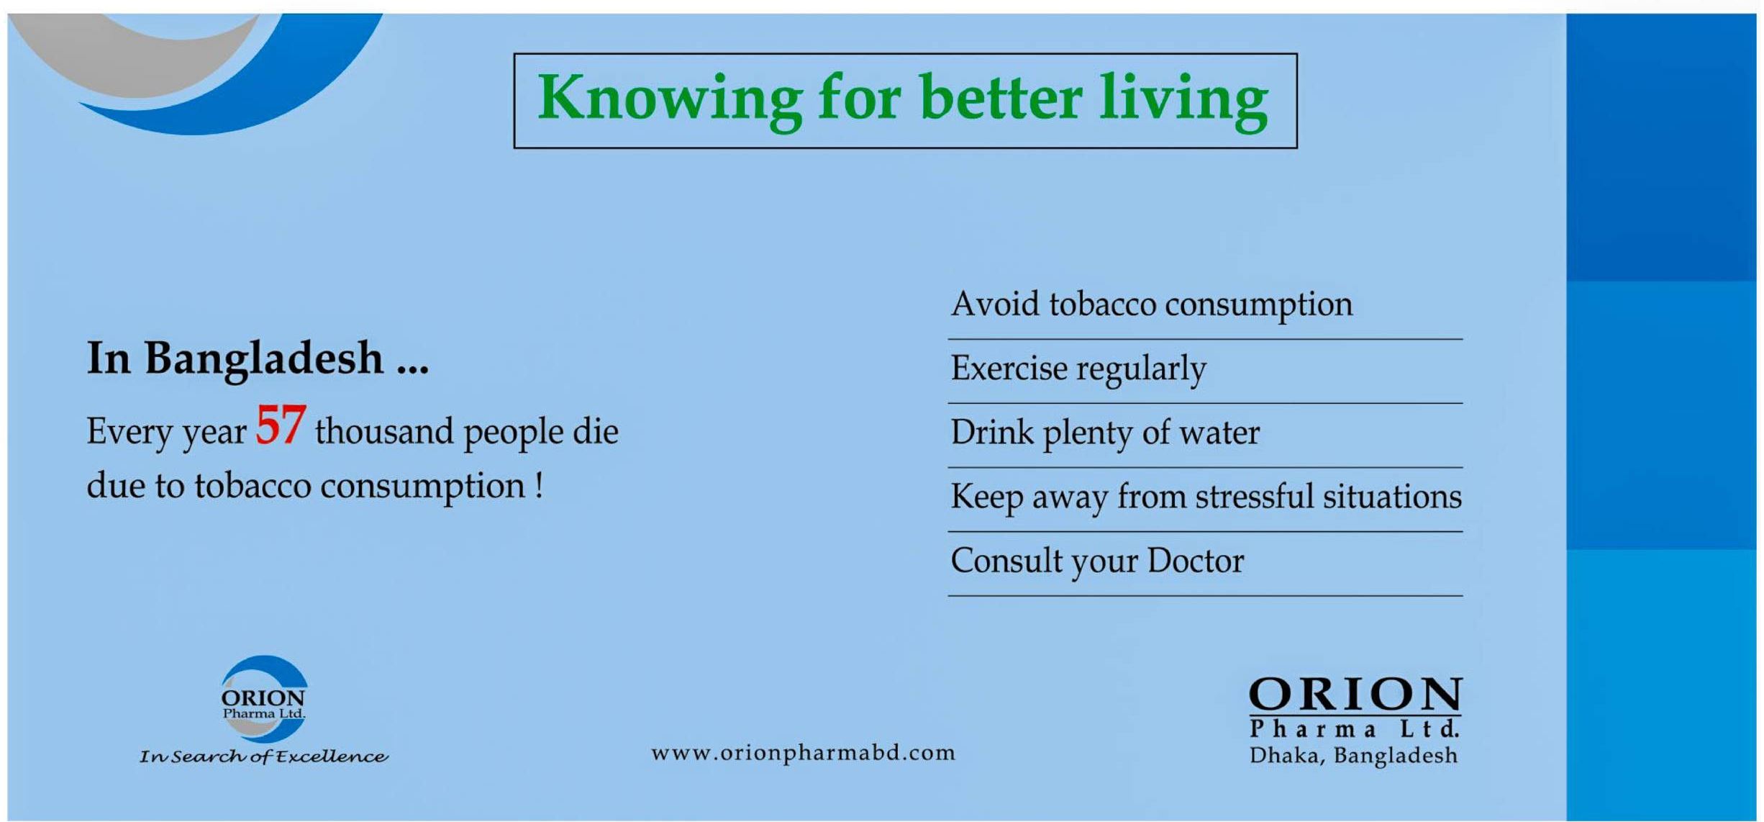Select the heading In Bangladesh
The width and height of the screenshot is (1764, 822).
(x=258, y=359)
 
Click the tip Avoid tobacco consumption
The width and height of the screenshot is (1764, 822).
(x=1152, y=304)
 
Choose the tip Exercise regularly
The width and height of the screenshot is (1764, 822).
(x=1078, y=369)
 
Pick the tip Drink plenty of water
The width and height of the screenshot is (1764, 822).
(x=1105, y=433)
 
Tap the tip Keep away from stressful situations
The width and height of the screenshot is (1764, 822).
(x=1206, y=497)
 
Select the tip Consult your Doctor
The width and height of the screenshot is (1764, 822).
(x=1097, y=561)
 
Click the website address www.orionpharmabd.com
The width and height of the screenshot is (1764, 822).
(x=804, y=753)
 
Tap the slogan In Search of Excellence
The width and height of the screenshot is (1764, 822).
(x=263, y=756)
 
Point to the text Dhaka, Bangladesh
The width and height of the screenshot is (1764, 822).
(x=1353, y=756)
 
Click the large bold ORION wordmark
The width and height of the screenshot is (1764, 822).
(x=1355, y=695)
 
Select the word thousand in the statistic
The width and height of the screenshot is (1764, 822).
(x=384, y=431)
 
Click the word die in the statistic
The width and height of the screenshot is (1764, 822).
(x=596, y=431)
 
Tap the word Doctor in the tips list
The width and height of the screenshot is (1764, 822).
(x=1195, y=561)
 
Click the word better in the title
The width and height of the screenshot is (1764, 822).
(x=1001, y=99)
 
